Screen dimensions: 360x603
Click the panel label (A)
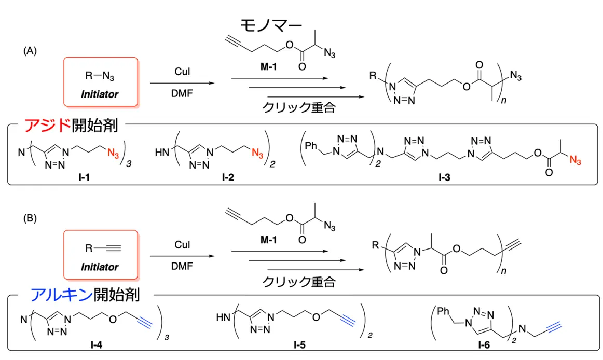(x=30, y=51)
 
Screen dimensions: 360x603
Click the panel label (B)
(x=30, y=218)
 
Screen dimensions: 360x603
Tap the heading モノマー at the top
(x=270, y=25)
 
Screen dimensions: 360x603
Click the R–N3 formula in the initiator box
(x=100, y=76)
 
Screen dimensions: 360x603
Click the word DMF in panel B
(x=182, y=266)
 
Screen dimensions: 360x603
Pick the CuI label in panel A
(x=182, y=72)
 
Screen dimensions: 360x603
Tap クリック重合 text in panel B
(x=299, y=282)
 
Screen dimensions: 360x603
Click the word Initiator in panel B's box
(x=100, y=267)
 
